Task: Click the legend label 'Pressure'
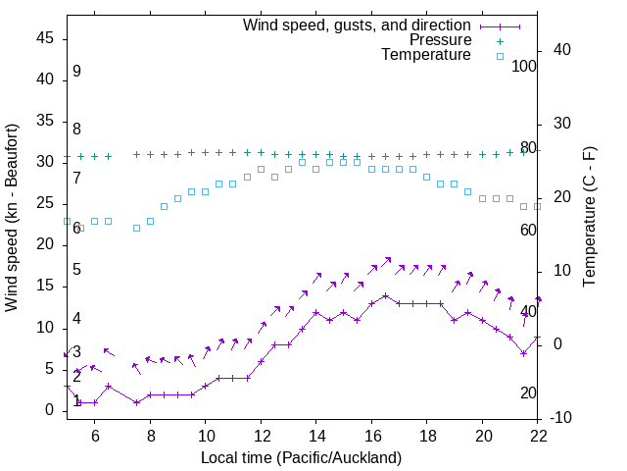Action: pos(440,40)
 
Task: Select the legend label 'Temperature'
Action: pos(426,55)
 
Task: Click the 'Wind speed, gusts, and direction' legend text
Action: pos(357,25)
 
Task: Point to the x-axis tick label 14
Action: pos(316,436)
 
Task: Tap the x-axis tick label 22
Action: pos(538,436)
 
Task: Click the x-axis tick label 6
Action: pos(94,436)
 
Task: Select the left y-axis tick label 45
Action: pos(45,37)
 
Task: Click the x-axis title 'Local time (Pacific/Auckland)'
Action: pos(301,457)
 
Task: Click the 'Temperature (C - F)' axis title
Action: pos(589,218)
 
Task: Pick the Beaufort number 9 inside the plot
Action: pos(76,72)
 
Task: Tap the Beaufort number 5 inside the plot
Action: pos(76,270)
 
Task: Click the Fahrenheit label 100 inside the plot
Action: pos(524,66)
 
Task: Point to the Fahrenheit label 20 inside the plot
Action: pos(528,392)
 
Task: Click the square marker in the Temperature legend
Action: pos(499,56)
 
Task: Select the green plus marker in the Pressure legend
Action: pos(499,40)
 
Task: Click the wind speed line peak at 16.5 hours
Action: pos(386,295)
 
